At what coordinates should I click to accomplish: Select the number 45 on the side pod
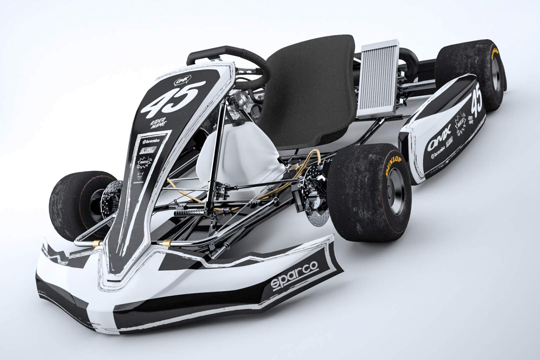coord(476,99)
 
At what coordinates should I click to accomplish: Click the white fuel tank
coord(239,155)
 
